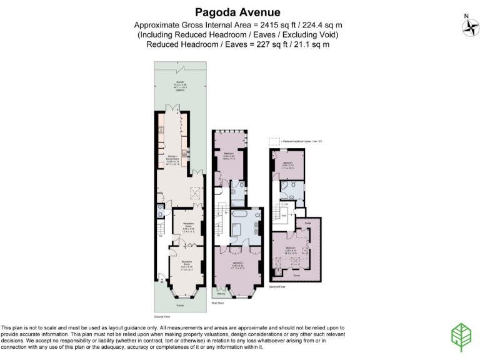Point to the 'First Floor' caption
[x=218, y=301]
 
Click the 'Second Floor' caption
[x=278, y=286]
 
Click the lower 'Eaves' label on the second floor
[x=297, y=274]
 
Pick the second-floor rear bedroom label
[x=288, y=164]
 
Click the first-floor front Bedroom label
[x=237, y=265]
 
